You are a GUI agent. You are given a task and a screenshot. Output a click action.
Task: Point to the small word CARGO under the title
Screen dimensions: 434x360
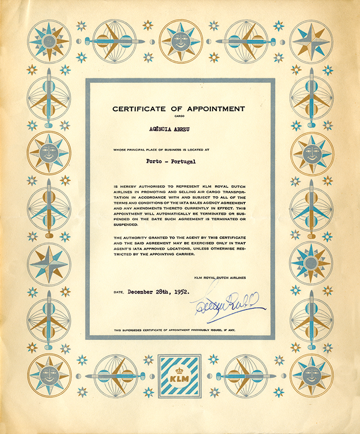click(x=179, y=117)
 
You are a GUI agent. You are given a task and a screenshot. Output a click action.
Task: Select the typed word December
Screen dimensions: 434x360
click(x=142, y=291)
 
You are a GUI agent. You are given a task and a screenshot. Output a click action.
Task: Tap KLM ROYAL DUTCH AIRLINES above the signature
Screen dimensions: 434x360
click(x=220, y=278)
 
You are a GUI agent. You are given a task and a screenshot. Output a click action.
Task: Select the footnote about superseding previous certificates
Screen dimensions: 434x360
click(x=175, y=329)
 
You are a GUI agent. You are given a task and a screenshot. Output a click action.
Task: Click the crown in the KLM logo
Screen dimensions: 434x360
click(x=179, y=370)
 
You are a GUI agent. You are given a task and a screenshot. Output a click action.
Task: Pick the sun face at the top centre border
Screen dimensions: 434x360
click(x=181, y=41)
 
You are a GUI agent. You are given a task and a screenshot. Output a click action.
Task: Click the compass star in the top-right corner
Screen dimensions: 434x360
click(x=312, y=41)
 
